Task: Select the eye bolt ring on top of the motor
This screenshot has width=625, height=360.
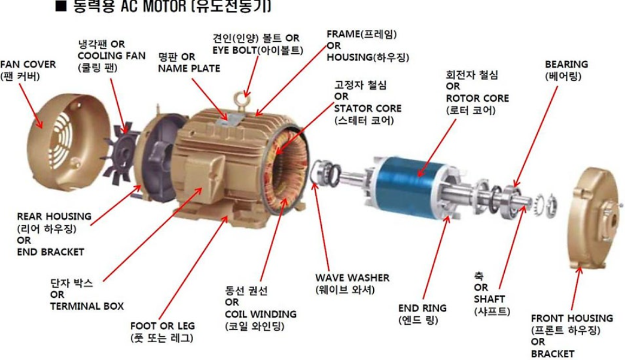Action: (242, 99)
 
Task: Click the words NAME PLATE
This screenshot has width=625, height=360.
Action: (189, 69)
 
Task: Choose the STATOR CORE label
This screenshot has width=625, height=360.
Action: (367, 108)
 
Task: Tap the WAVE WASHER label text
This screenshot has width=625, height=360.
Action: (352, 277)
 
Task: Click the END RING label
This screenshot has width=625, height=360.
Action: (422, 308)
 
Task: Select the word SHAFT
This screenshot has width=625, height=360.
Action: (489, 299)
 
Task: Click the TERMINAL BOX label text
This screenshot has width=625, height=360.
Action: (87, 306)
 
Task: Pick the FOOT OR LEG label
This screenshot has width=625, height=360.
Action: (163, 326)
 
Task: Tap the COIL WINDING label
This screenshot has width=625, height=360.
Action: (261, 314)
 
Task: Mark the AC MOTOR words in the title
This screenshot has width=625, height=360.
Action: (153, 7)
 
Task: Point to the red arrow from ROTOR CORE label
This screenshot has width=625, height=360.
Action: (437, 148)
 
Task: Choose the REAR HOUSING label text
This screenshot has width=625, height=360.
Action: (54, 216)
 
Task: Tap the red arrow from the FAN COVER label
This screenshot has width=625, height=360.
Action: (31, 106)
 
